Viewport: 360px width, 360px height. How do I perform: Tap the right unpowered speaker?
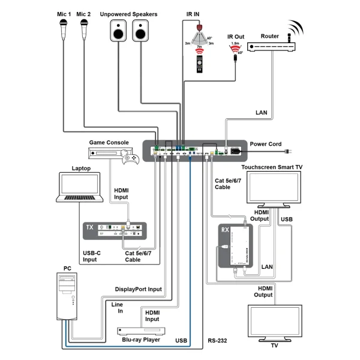click(141, 30)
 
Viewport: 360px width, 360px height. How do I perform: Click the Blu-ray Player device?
click(140, 331)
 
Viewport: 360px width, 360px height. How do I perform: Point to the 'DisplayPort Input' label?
click(139, 289)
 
